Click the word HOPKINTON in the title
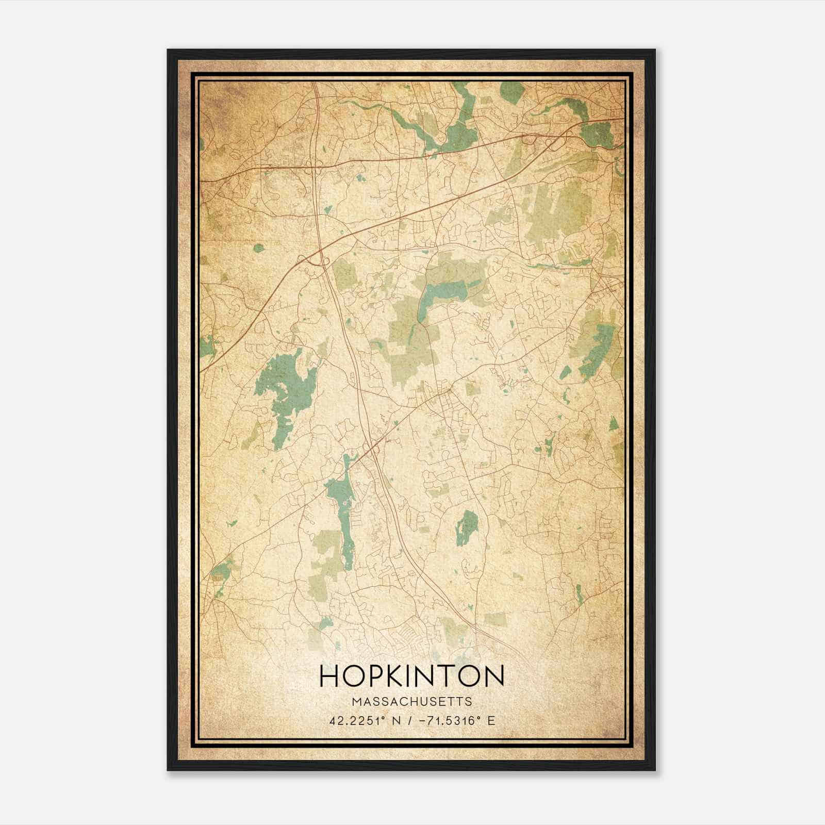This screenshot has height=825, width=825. pyautogui.click(x=411, y=676)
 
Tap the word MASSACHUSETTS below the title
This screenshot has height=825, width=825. pyautogui.click(x=411, y=701)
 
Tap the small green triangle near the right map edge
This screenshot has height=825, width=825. pyautogui.click(x=613, y=424)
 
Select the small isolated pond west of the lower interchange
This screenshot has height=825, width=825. pyautogui.click(x=258, y=248)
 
